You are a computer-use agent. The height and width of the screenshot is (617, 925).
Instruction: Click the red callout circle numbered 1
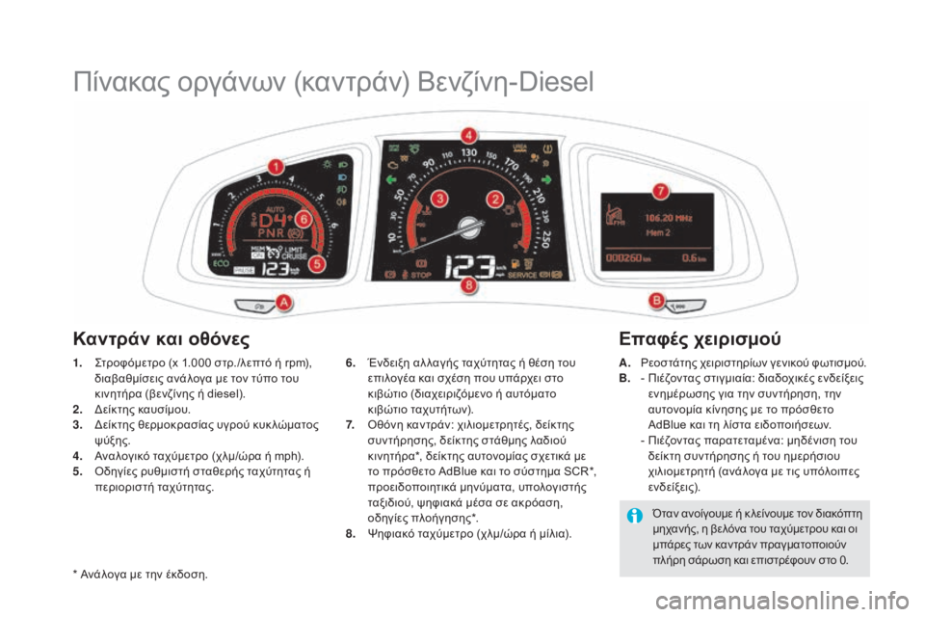tap(276, 167)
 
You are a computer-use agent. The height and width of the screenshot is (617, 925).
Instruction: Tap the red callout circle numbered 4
tap(468, 134)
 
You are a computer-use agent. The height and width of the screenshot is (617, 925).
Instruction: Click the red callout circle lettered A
tap(283, 303)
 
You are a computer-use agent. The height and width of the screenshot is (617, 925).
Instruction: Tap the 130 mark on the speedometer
tap(469, 153)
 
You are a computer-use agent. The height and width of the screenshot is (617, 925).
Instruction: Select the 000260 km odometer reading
tap(626, 256)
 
